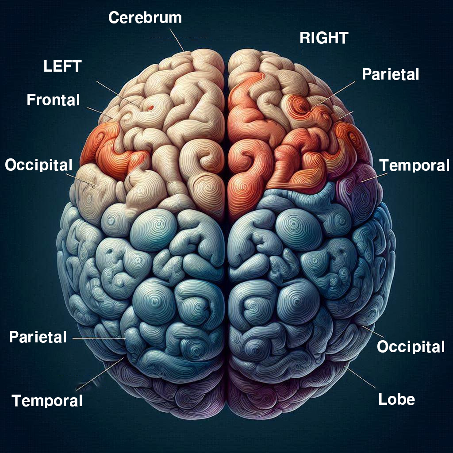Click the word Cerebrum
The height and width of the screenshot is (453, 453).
(x=145, y=18)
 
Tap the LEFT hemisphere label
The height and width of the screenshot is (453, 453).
(x=62, y=66)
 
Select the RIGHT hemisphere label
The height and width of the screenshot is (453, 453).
(x=324, y=38)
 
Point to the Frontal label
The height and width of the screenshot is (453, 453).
(x=53, y=100)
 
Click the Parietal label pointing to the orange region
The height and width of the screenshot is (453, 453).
(x=390, y=74)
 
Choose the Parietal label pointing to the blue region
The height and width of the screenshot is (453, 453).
(x=38, y=337)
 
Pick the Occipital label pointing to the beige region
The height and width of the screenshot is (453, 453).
(x=38, y=165)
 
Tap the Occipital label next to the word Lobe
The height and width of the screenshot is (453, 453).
(x=411, y=347)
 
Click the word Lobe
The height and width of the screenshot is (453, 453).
(x=397, y=399)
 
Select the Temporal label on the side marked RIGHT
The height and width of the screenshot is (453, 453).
(x=415, y=165)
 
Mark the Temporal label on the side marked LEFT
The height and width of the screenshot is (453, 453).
(x=47, y=401)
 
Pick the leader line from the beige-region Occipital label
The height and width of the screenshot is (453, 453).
(x=84, y=179)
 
